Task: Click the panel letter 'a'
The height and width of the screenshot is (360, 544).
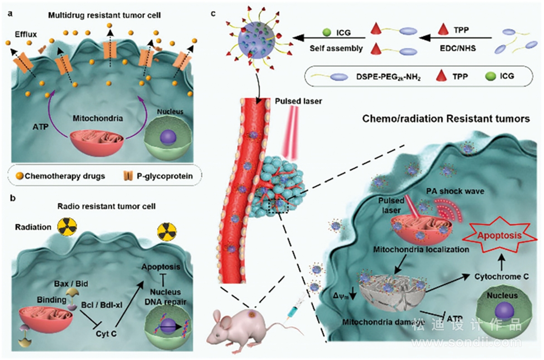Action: click(x=10, y=14)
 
